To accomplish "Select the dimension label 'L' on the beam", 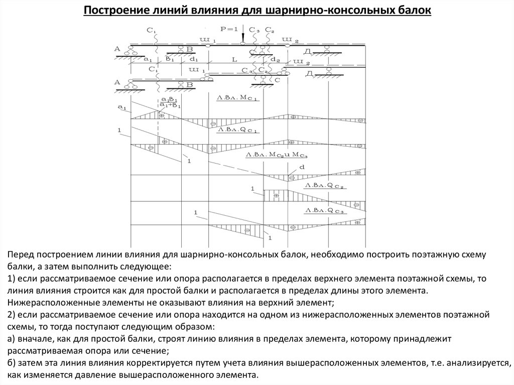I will coord(233,59).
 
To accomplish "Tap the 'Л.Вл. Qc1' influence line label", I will coord(237,130).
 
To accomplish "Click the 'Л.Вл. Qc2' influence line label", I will coord(326,186).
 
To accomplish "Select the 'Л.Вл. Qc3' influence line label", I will coord(326,210).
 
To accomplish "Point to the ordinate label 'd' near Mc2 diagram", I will coord(302,167).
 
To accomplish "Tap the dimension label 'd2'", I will coord(275,60).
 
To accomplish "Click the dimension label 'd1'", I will coord(194,59).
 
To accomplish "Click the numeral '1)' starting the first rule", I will coord(11,279).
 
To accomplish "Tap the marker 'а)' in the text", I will coord(11,339).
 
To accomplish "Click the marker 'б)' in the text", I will coord(11,363).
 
